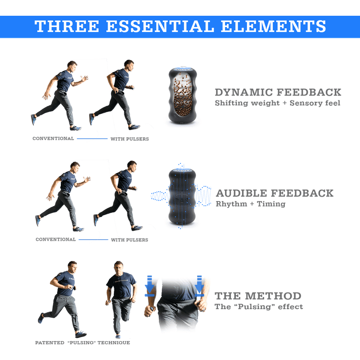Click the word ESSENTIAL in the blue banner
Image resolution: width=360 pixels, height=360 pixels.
coord(160,27)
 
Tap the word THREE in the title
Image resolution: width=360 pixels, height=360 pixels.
coord(67,27)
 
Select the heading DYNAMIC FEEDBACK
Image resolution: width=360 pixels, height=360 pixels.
coord(278,92)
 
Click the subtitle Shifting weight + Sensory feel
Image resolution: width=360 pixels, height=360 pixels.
coord(277,103)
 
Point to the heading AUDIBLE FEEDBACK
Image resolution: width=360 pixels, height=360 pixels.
coord(274,193)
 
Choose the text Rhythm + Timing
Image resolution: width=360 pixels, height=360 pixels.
coord(251,204)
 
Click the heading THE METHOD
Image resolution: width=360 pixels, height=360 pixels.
coord(258,296)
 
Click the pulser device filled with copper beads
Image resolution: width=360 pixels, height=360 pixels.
coord(183,96)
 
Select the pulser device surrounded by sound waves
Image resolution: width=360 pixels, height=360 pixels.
coord(182,197)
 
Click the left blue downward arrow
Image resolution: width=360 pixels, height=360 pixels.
coord(149,286)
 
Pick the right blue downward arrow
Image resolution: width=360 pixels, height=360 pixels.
coord(199,286)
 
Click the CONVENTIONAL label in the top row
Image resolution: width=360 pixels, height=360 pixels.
coord(53,139)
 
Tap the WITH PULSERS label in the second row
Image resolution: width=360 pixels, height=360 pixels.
coord(130,240)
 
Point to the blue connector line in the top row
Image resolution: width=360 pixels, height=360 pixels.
coord(92,139)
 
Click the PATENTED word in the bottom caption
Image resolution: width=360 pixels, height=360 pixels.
coord(49,343)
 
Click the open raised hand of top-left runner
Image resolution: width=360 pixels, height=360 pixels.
coord(84,78)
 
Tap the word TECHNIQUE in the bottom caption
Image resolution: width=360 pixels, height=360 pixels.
coord(114,343)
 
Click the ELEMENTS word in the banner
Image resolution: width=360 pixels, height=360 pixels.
coord(273,27)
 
